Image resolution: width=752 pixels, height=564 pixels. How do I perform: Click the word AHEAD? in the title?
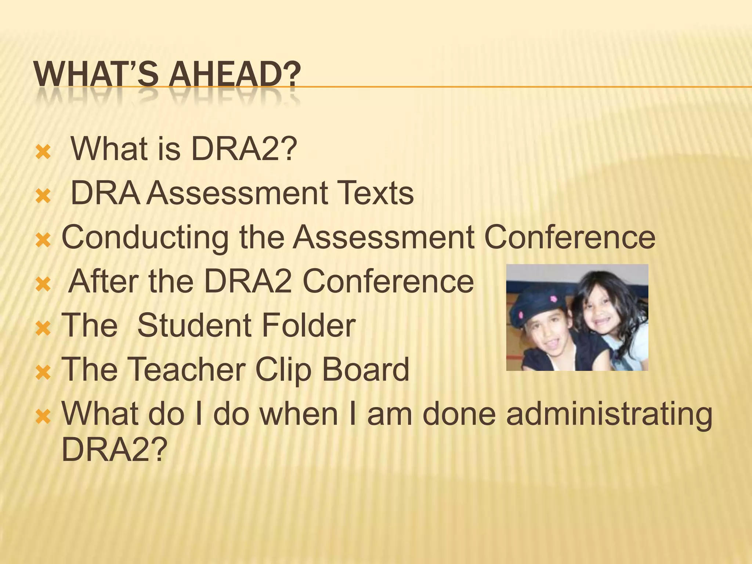[x=234, y=75]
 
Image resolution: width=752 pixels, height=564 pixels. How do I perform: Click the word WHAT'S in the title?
[x=96, y=75]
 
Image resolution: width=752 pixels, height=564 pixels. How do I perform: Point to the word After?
[x=103, y=282]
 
